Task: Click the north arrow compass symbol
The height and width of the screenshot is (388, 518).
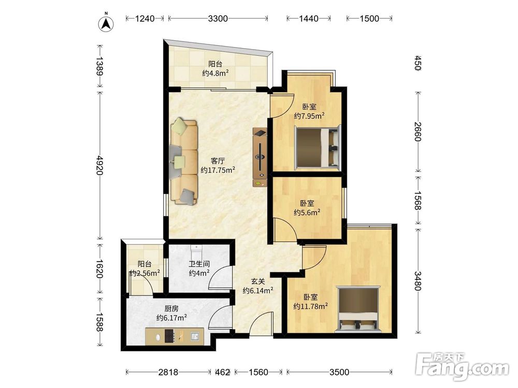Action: coord(106,23)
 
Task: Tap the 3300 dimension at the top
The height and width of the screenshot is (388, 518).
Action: coord(218,19)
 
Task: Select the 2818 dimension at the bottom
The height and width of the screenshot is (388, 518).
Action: coord(168,372)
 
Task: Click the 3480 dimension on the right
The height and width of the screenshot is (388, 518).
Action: coord(418,280)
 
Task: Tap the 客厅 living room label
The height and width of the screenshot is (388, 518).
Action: coord(218,161)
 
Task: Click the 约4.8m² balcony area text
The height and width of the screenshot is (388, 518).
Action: coord(215,73)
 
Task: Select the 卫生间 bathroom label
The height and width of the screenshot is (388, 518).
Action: coord(199,264)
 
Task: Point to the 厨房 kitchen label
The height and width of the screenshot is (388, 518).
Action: coord(171,308)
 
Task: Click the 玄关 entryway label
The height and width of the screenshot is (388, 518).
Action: coord(258,281)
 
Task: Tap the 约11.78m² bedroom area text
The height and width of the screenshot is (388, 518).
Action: coord(310,306)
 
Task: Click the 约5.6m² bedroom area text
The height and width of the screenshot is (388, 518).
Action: coord(307,213)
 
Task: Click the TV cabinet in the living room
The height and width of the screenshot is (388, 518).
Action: coord(260,157)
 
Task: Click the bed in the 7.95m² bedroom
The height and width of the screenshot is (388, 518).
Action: coord(317,147)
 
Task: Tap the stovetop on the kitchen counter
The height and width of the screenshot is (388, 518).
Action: coord(169,336)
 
